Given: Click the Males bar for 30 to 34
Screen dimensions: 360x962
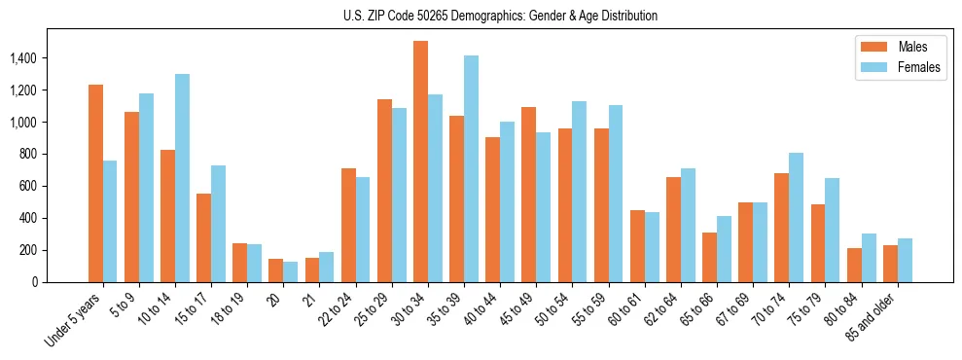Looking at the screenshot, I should point(420,162).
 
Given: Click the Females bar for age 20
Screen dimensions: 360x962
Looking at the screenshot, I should point(291,271).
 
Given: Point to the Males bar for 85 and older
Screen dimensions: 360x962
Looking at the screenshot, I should point(890,264).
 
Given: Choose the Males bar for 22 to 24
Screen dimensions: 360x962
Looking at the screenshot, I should point(348,225).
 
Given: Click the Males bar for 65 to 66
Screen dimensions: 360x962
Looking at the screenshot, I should point(709,257).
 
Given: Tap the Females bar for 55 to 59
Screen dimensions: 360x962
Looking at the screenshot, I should point(616,194).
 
